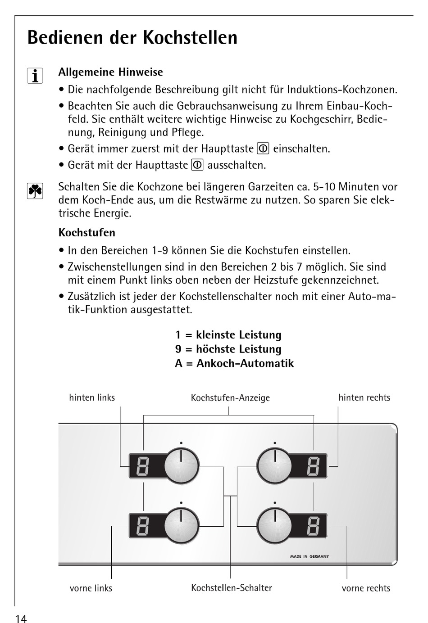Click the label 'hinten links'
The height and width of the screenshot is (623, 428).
[92, 397]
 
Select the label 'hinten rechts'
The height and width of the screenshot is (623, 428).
[364, 397]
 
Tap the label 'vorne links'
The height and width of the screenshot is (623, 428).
[91, 588]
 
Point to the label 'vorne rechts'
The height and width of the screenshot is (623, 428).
[366, 588]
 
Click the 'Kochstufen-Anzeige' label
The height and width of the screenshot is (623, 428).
[230, 398]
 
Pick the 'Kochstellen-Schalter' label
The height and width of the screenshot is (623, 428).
[232, 588]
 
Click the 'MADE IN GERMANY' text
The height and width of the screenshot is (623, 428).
[310, 556]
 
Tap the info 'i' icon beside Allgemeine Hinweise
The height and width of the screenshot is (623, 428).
[35, 76]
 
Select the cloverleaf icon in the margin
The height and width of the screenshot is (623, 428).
[35, 191]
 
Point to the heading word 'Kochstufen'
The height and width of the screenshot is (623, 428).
[87, 233]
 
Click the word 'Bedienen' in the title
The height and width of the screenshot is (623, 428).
[65, 37]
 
